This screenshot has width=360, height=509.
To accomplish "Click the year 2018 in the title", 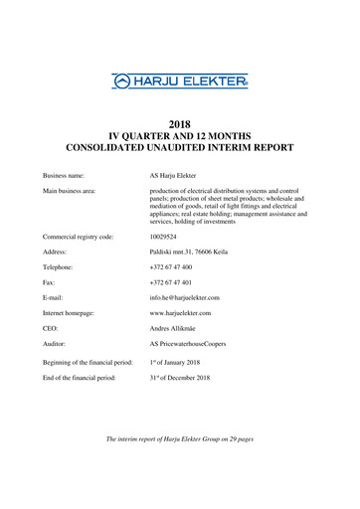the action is click(180, 124).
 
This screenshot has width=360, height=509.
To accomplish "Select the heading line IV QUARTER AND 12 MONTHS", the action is click(180, 136).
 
